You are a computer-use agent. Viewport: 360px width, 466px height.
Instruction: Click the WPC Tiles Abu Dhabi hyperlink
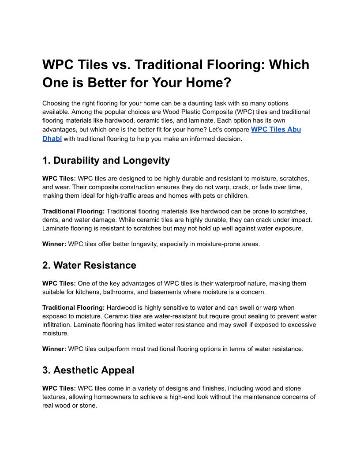[x=276, y=130]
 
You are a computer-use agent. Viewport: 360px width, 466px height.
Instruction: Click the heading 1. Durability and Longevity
[x=106, y=160]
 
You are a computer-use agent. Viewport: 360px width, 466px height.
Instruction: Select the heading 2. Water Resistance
[x=89, y=265]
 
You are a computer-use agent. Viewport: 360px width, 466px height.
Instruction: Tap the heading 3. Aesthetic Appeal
[x=88, y=370]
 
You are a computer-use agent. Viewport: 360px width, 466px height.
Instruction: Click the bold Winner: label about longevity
[x=54, y=244]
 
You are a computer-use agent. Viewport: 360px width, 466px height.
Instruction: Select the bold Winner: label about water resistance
[x=54, y=349]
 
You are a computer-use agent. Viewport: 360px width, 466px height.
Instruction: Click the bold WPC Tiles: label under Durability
[x=59, y=179]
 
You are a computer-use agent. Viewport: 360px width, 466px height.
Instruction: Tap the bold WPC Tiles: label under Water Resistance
[x=59, y=284]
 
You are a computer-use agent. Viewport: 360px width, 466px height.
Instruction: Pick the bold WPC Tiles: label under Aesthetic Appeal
[x=59, y=389]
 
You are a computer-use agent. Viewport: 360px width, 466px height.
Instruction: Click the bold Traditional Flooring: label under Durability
[x=73, y=212]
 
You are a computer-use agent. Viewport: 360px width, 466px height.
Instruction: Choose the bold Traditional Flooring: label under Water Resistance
[x=73, y=308]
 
